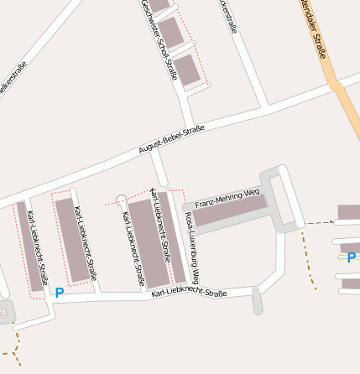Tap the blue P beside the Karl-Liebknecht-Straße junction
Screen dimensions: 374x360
click(x=59, y=293)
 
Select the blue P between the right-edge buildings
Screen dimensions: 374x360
click(x=351, y=257)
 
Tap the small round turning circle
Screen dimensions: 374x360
click(x=121, y=200)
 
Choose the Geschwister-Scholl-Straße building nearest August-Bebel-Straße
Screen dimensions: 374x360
click(x=190, y=70)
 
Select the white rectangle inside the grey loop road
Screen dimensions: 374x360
click(x=284, y=200)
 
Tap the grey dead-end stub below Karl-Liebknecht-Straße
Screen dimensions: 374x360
click(x=258, y=303)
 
